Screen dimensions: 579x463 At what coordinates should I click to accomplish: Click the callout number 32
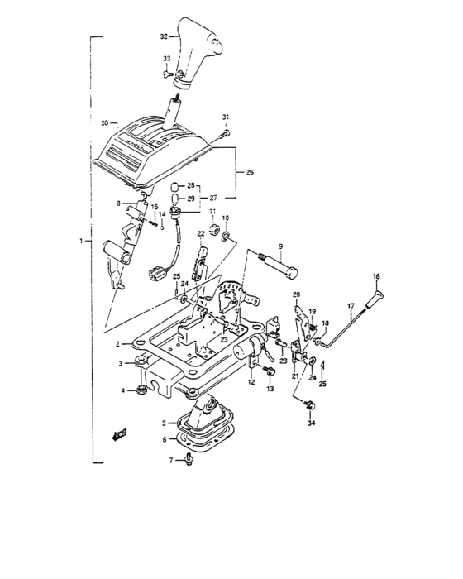click(164, 37)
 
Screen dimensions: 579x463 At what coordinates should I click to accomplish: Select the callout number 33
click(166, 58)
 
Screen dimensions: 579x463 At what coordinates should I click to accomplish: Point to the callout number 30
click(104, 123)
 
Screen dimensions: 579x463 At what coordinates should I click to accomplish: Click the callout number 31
click(225, 116)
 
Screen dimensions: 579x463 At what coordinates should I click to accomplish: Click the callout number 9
click(280, 246)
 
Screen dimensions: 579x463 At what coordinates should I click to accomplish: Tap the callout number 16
click(376, 276)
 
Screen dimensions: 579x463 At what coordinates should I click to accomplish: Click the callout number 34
click(311, 423)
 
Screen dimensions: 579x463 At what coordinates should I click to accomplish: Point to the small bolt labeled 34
click(311, 404)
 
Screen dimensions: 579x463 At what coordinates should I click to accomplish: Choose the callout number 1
click(80, 241)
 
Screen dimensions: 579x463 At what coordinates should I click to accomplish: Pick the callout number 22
click(201, 234)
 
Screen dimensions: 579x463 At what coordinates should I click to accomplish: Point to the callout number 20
click(297, 295)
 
